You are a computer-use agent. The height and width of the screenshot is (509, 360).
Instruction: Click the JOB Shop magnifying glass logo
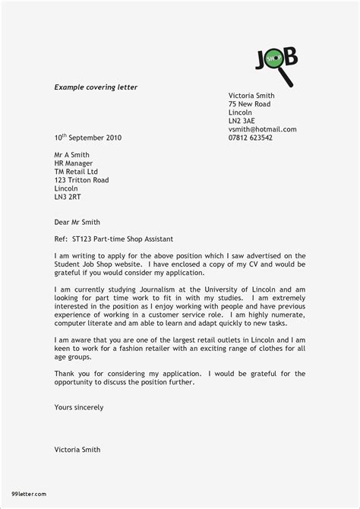pyautogui.click(x=276, y=65)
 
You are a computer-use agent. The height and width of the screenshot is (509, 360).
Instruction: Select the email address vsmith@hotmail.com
pyautogui.click(x=262, y=129)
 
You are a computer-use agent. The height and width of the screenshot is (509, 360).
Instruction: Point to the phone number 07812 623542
pyautogui.click(x=251, y=138)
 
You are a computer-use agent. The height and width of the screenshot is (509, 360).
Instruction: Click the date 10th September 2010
pyautogui.click(x=87, y=138)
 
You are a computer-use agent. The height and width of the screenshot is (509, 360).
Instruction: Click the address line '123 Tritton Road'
pyautogui.click(x=81, y=180)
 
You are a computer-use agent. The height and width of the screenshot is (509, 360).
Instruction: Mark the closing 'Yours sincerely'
pyautogui.click(x=79, y=407)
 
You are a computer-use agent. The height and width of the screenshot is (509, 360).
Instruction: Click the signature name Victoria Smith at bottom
pyautogui.click(x=77, y=450)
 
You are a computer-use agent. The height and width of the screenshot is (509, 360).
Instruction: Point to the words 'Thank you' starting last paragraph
pyautogui.click(x=71, y=374)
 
